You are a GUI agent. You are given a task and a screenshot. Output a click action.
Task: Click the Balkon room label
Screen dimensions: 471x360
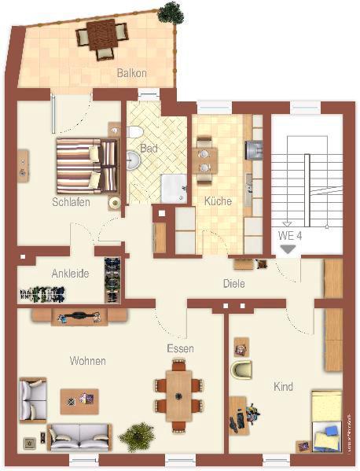(x=132, y=73)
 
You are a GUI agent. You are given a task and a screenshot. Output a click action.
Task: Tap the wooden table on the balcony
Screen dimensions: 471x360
(x=101, y=35)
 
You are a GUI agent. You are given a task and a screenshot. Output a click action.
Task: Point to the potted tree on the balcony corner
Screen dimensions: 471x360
(x=168, y=13)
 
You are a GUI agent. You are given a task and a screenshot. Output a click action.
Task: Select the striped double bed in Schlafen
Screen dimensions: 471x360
(x=86, y=165)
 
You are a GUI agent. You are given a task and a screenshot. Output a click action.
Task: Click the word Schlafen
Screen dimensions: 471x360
(x=71, y=202)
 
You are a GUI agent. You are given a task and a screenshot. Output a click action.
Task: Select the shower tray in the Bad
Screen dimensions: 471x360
(x=173, y=188)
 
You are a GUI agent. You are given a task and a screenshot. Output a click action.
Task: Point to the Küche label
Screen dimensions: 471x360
(x=218, y=201)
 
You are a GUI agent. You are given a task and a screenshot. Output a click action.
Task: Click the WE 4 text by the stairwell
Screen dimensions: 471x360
(x=290, y=235)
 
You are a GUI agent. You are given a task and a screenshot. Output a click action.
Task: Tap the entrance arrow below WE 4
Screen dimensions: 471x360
(x=288, y=248)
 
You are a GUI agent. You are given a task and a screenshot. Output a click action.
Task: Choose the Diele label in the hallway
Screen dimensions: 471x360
(x=233, y=284)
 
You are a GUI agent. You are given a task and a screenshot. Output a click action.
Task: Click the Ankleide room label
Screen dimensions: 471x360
(x=70, y=274)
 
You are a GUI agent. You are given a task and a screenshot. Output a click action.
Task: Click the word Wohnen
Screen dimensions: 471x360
(x=87, y=361)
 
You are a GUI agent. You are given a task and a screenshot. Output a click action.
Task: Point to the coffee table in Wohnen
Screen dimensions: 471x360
(x=79, y=400)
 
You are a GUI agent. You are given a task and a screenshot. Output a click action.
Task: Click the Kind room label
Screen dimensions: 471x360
(x=283, y=387)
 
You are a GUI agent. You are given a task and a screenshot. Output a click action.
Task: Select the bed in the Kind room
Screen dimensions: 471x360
(x=325, y=421)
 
